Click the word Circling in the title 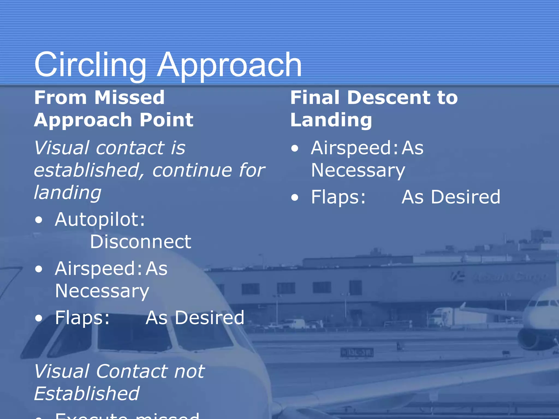90,65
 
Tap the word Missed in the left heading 129,97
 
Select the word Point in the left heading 166,120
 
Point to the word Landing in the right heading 331,120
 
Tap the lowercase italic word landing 67,193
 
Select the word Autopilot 100,219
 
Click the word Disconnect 141,242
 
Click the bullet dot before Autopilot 39,220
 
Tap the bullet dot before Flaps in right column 295,197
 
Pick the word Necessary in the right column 358,170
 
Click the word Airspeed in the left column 98,269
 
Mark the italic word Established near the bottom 87,394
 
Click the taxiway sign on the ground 357,353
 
